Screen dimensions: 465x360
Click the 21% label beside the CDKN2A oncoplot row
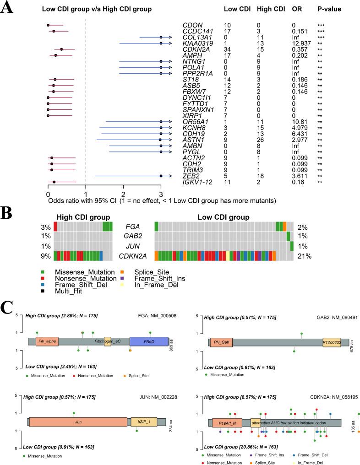tap(305, 256)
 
